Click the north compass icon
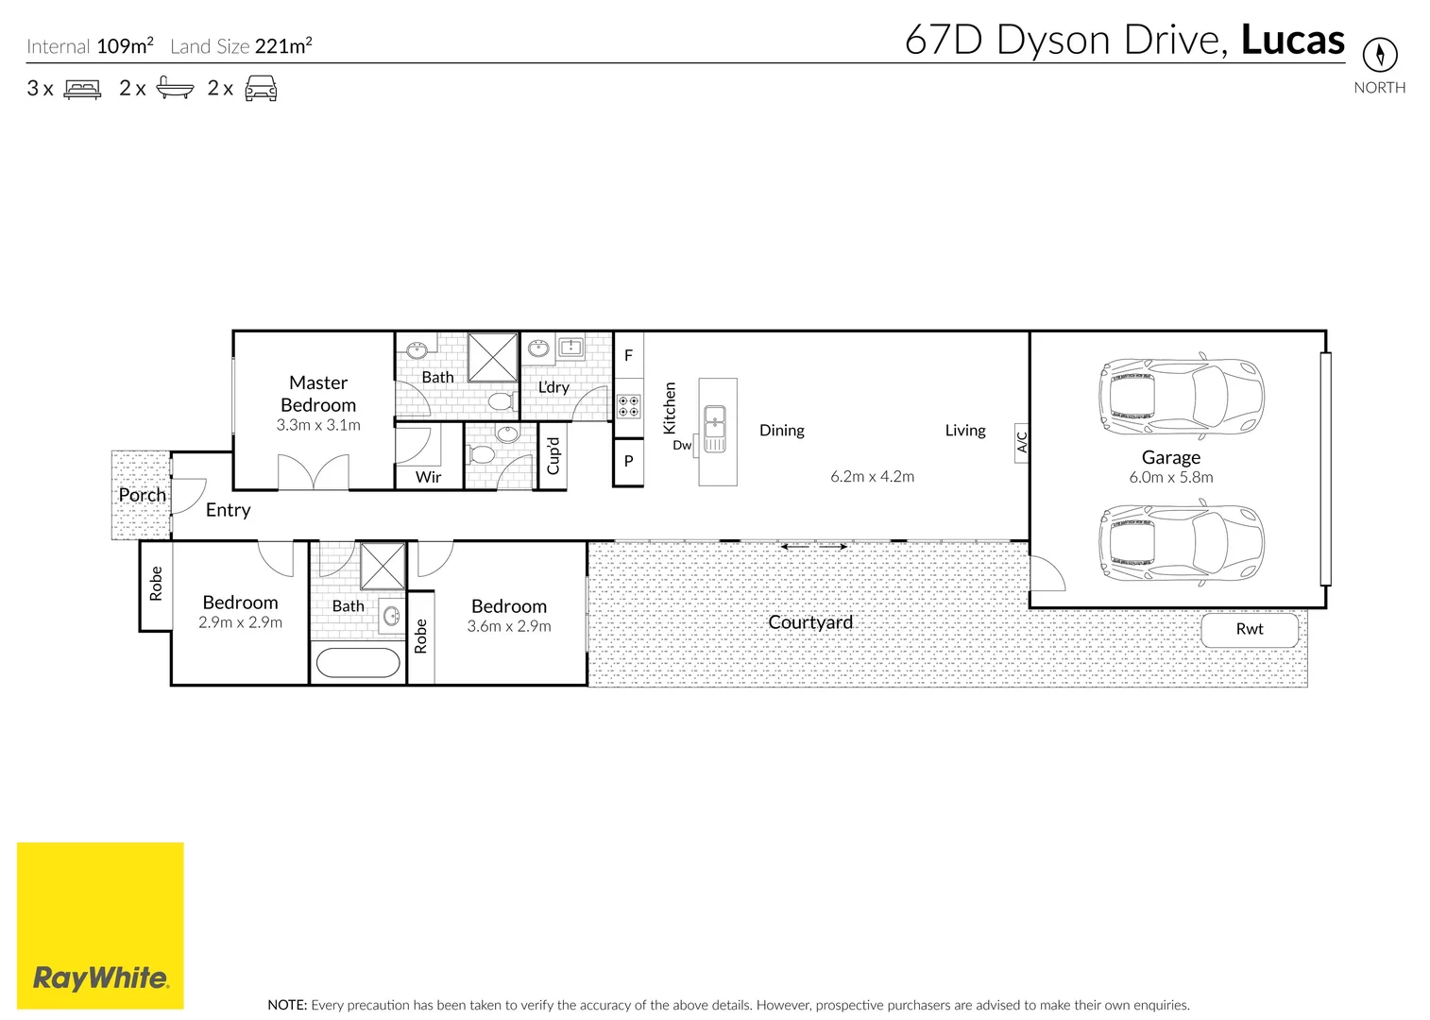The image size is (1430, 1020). pyautogui.click(x=1379, y=54)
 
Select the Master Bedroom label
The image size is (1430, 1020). pyautogui.click(x=318, y=394)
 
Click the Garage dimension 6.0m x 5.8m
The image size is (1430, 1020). pyautogui.click(x=1170, y=478)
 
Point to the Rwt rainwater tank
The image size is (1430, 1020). pyautogui.click(x=1249, y=629)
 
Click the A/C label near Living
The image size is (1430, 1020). pyautogui.click(x=1021, y=441)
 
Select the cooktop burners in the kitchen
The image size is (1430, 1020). pyautogui.click(x=628, y=406)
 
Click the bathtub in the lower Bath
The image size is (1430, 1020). pyautogui.click(x=358, y=662)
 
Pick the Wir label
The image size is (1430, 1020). pyautogui.click(x=428, y=477)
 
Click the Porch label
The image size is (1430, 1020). pyautogui.click(x=142, y=495)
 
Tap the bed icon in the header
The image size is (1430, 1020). pyautogui.click(x=82, y=90)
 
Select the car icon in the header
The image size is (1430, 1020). pyautogui.click(x=261, y=90)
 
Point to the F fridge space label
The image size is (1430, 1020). pyautogui.click(x=628, y=356)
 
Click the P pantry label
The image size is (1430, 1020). pyautogui.click(x=628, y=462)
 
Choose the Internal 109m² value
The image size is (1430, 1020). pyautogui.click(x=125, y=45)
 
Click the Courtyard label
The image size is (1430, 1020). pyautogui.click(x=809, y=622)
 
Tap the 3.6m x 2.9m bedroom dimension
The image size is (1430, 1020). pyautogui.click(x=509, y=626)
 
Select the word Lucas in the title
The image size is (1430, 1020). pyautogui.click(x=1291, y=41)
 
